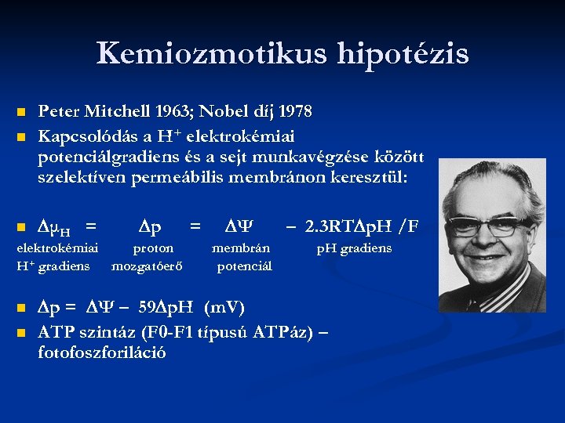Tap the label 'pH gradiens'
tap(354, 248)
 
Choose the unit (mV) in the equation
tap(224, 306)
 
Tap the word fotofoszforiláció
tap(101, 352)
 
